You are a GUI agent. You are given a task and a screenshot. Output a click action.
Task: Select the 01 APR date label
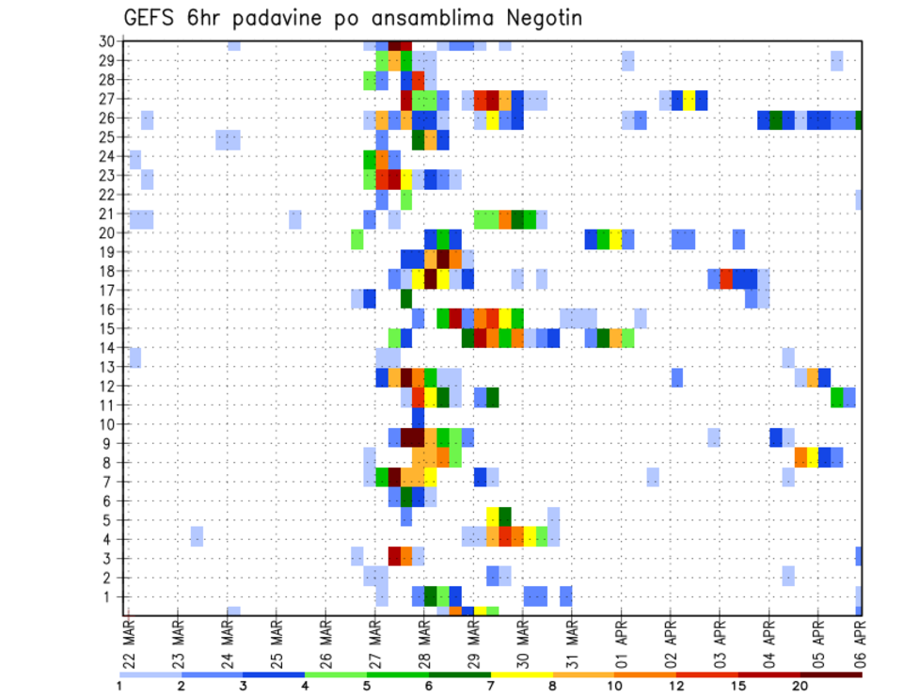coord(621,644)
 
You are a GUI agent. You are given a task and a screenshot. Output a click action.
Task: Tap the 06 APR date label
coord(859,644)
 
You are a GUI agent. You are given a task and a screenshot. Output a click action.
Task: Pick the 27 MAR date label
coord(374,644)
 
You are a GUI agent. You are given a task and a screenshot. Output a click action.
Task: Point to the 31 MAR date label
coord(571,644)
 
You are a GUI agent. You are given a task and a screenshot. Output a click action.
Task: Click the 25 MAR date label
coord(277,644)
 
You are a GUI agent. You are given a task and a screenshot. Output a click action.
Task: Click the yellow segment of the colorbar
coord(521,674)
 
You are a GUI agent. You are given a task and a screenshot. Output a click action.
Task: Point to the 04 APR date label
coord(768,644)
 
